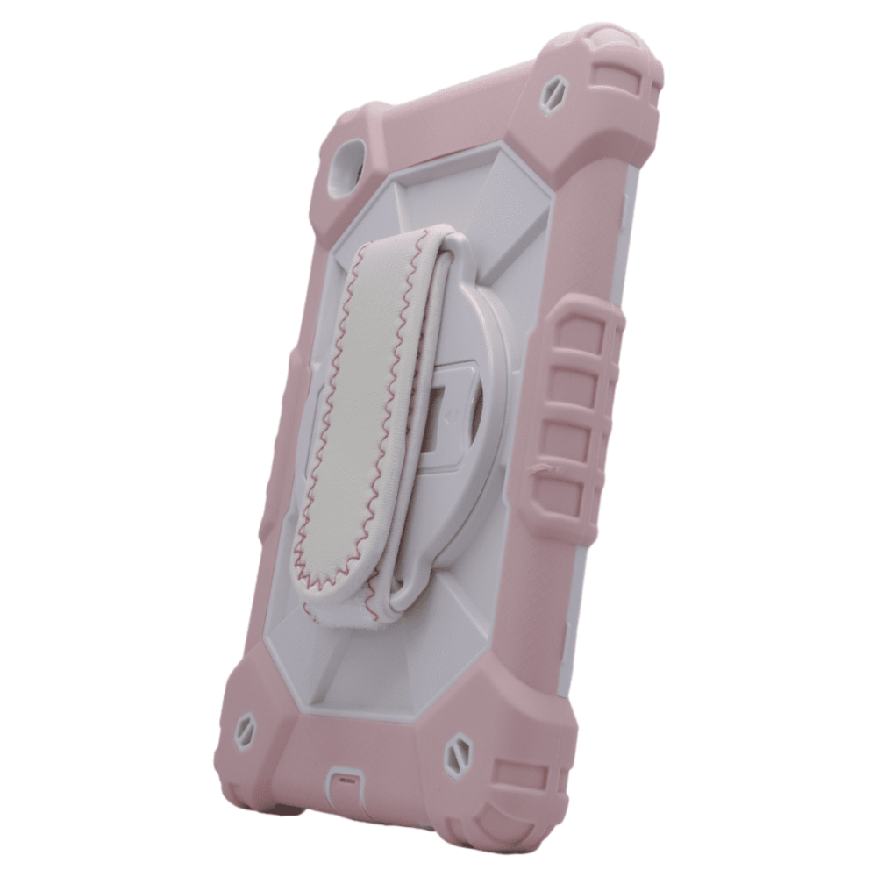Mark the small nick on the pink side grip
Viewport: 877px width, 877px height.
[546, 469]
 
